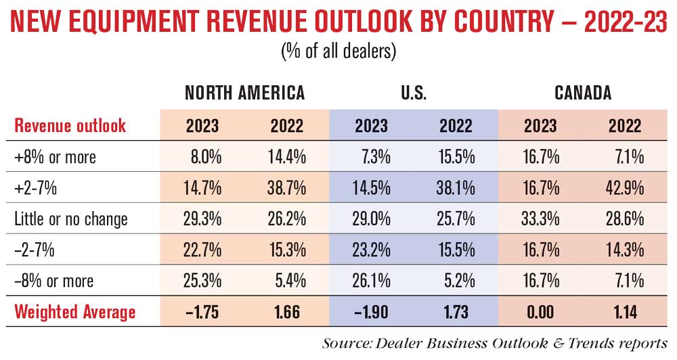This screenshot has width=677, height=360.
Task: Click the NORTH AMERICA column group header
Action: [x=244, y=93]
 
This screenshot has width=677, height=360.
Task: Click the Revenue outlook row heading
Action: [x=70, y=126]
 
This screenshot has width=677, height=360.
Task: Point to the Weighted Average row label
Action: [x=75, y=312]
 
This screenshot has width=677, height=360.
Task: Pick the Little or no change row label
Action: [x=71, y=219]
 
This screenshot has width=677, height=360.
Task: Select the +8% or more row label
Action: [x=56, y=158]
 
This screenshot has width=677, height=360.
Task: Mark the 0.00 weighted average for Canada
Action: [x=539, y=312]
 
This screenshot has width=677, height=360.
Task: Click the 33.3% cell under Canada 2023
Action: [x=539, y=219]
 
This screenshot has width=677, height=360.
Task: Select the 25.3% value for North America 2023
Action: [x=201, y=281]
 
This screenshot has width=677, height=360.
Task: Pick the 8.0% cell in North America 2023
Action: [x=205, y=158]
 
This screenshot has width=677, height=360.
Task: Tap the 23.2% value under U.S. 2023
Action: [x=370, y=250]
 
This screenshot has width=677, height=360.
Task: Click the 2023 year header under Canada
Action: [x=540, y=126]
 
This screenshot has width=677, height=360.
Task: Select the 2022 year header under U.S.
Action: [x=456, y=126]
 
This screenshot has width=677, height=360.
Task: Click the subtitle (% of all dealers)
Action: [x=338, y=51]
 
